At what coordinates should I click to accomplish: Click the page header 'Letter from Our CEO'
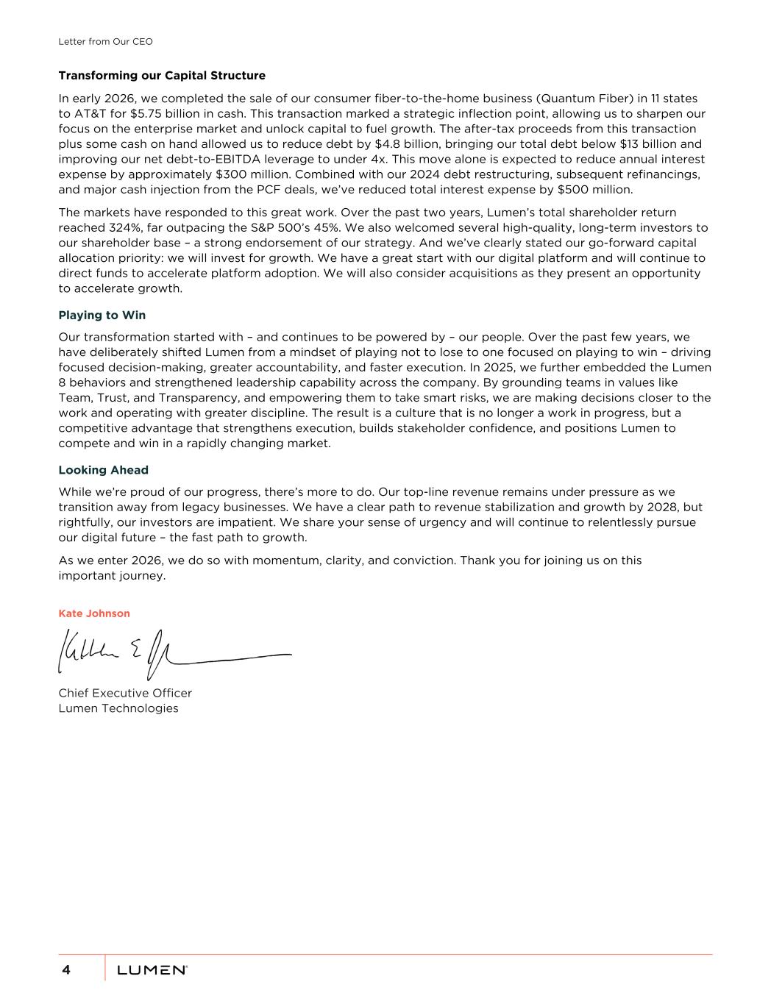click(x=105, y=42)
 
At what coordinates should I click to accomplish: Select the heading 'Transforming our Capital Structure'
click(x=162, y=76)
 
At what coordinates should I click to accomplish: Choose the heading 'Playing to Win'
click(x=102, y=316)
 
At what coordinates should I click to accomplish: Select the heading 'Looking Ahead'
click(x=103, y=470)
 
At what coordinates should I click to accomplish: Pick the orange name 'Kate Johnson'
click(x=94, y=613)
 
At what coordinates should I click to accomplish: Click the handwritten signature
click(x=174, y=652)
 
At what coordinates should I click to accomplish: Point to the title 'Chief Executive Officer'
click(x=125, y=693)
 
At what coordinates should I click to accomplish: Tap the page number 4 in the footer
click(x=66, y=970)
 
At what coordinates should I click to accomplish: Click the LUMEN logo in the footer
click(x=152, y=970)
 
